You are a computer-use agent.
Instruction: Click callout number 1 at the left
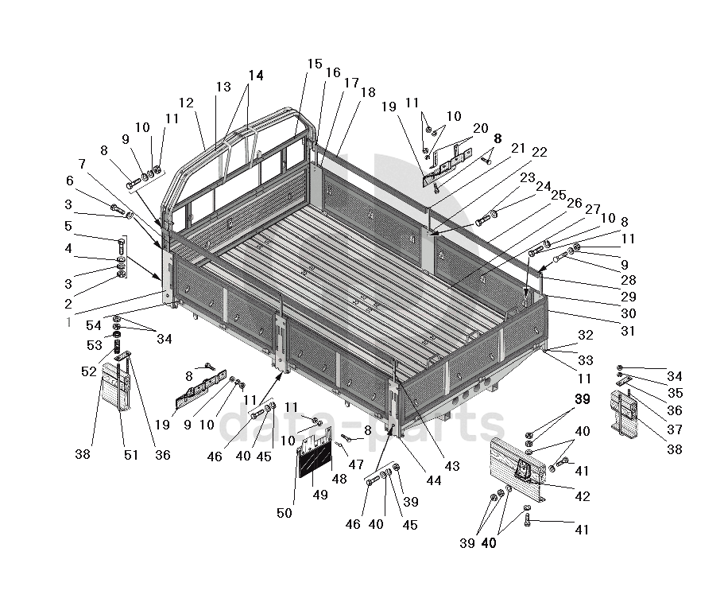coord(68,323)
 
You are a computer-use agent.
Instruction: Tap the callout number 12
coord(186,103)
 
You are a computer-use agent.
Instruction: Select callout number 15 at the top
coord(315,64)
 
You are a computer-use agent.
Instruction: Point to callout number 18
coord(367,92)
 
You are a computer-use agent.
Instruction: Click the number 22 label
coord(539,152)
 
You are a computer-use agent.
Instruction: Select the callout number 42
coord(583,496)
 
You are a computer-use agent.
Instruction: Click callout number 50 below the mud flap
coord(284,515)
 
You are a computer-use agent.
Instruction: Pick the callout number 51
coord(130,455)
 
